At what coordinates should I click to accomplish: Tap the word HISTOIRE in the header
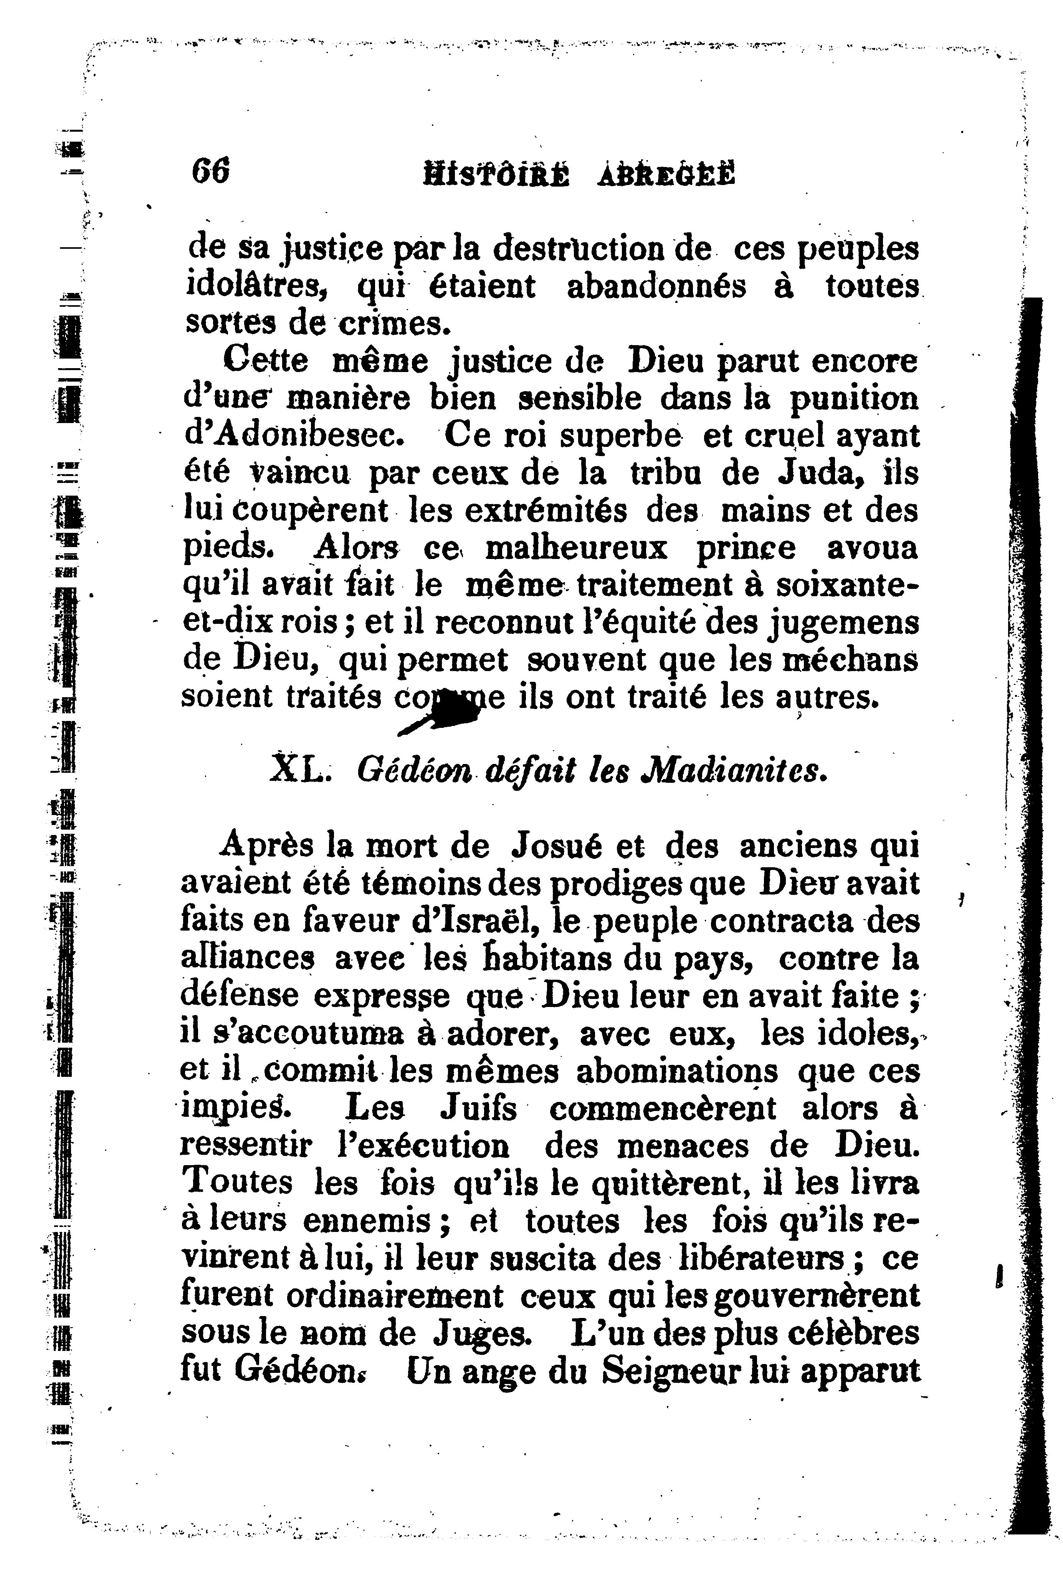pos(496,175)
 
